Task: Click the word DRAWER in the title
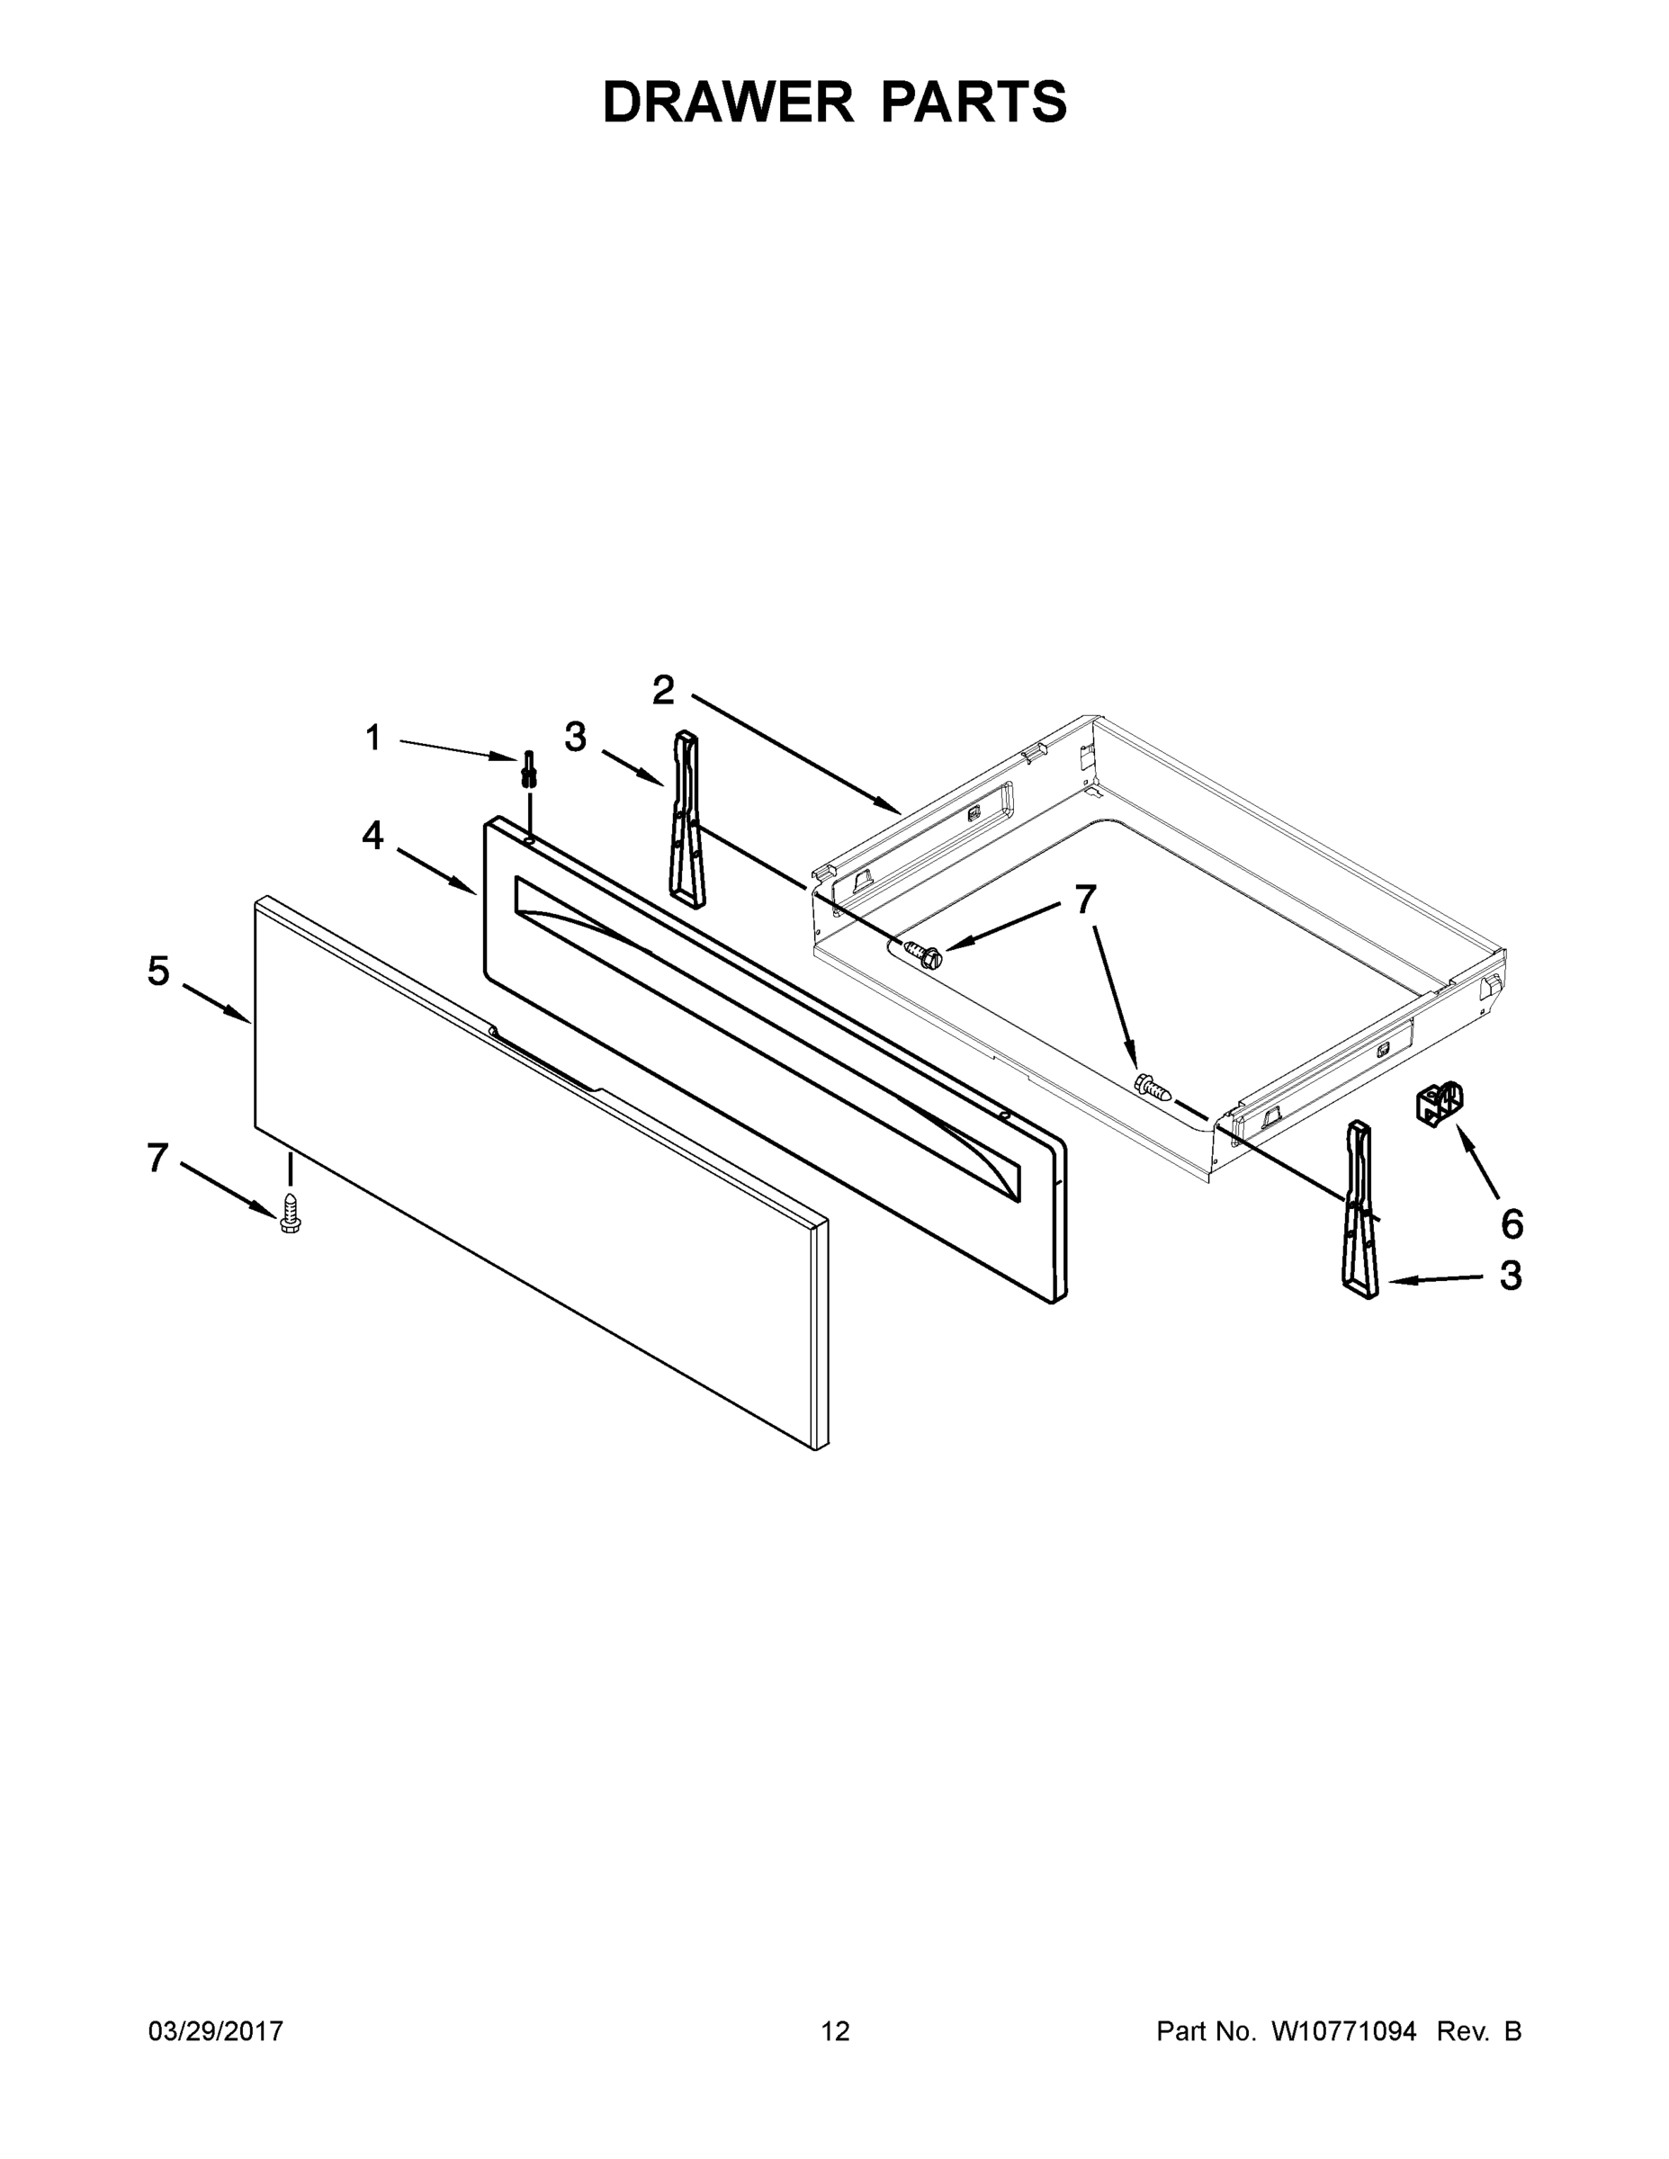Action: (x=728, y=102)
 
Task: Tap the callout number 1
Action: (x=372, y=738)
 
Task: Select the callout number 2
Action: (x=662, y=690)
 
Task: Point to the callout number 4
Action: (x=372, y=836)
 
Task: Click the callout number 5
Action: (x=158, y=971)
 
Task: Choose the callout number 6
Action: (x=1512, y=1223)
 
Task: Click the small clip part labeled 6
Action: (x=1439, y=1102)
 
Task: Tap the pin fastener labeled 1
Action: (x=529, y=768)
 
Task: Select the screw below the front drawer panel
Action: (x=291, y=1212)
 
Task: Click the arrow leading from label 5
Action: (x=217, y=1003)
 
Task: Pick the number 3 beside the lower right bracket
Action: (x=1510, y=1277)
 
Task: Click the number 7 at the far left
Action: (x=157, y=1158)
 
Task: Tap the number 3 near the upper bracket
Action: (x=574, y=737)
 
